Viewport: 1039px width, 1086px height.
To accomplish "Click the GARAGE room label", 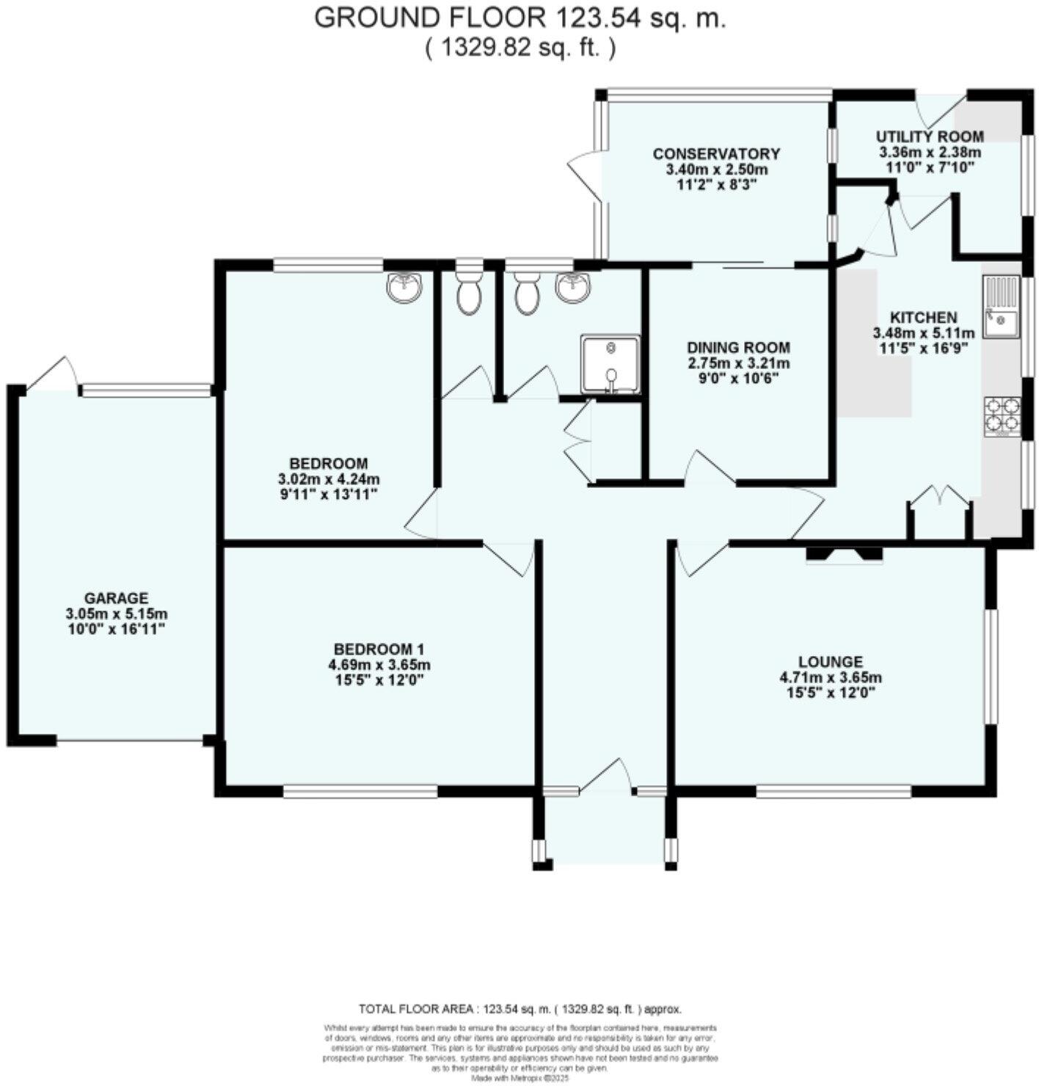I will click(x=115, y=598).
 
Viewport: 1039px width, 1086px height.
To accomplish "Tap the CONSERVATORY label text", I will click(x=716, y=154).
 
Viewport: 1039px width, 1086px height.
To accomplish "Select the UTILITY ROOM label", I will click(x=930, y=136).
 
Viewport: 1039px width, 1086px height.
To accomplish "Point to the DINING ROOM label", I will click(x=738, y=347).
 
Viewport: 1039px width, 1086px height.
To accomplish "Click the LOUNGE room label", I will click(x=831, y=662).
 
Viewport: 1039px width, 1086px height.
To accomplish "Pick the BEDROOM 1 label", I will click(x=379, y=649).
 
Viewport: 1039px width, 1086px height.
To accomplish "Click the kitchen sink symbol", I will click(x=1001, y=306).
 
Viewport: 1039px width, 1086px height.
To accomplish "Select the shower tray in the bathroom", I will click(x=610, y=364).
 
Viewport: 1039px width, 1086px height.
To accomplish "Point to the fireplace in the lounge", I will click(x=844, y=554).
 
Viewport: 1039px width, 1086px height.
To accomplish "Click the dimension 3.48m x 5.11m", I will click(x=923, y=333).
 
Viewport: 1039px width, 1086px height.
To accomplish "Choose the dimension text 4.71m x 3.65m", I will click(x=831, y=677).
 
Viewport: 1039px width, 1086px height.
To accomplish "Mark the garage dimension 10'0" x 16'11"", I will click(x=115, y=629).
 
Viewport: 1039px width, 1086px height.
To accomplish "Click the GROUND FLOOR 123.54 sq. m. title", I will click(x=519, y=18).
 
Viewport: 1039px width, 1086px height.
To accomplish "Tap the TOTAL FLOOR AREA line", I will click(x=519, y=1009).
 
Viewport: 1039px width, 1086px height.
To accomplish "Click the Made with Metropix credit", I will click(x=519, y=1079).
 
